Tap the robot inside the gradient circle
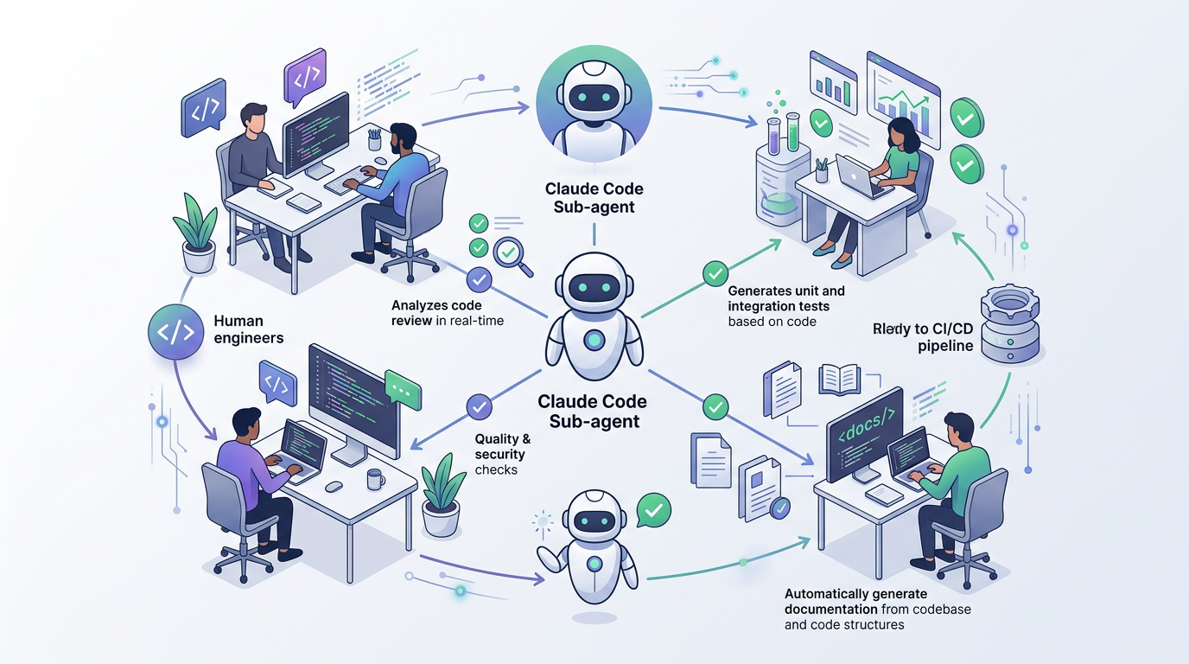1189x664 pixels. (x=594, y=111)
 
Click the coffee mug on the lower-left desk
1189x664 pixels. (x=375, y=479)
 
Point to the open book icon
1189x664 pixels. (x=838, y=379)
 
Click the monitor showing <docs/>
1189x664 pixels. (x=865, y=434)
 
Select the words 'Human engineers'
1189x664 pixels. (x=248, y=329)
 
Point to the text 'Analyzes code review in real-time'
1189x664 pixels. (x=447, y=313)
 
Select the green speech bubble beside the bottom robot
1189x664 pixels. (x=654, y=510)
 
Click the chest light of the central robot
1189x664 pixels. (x=594, y=340)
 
